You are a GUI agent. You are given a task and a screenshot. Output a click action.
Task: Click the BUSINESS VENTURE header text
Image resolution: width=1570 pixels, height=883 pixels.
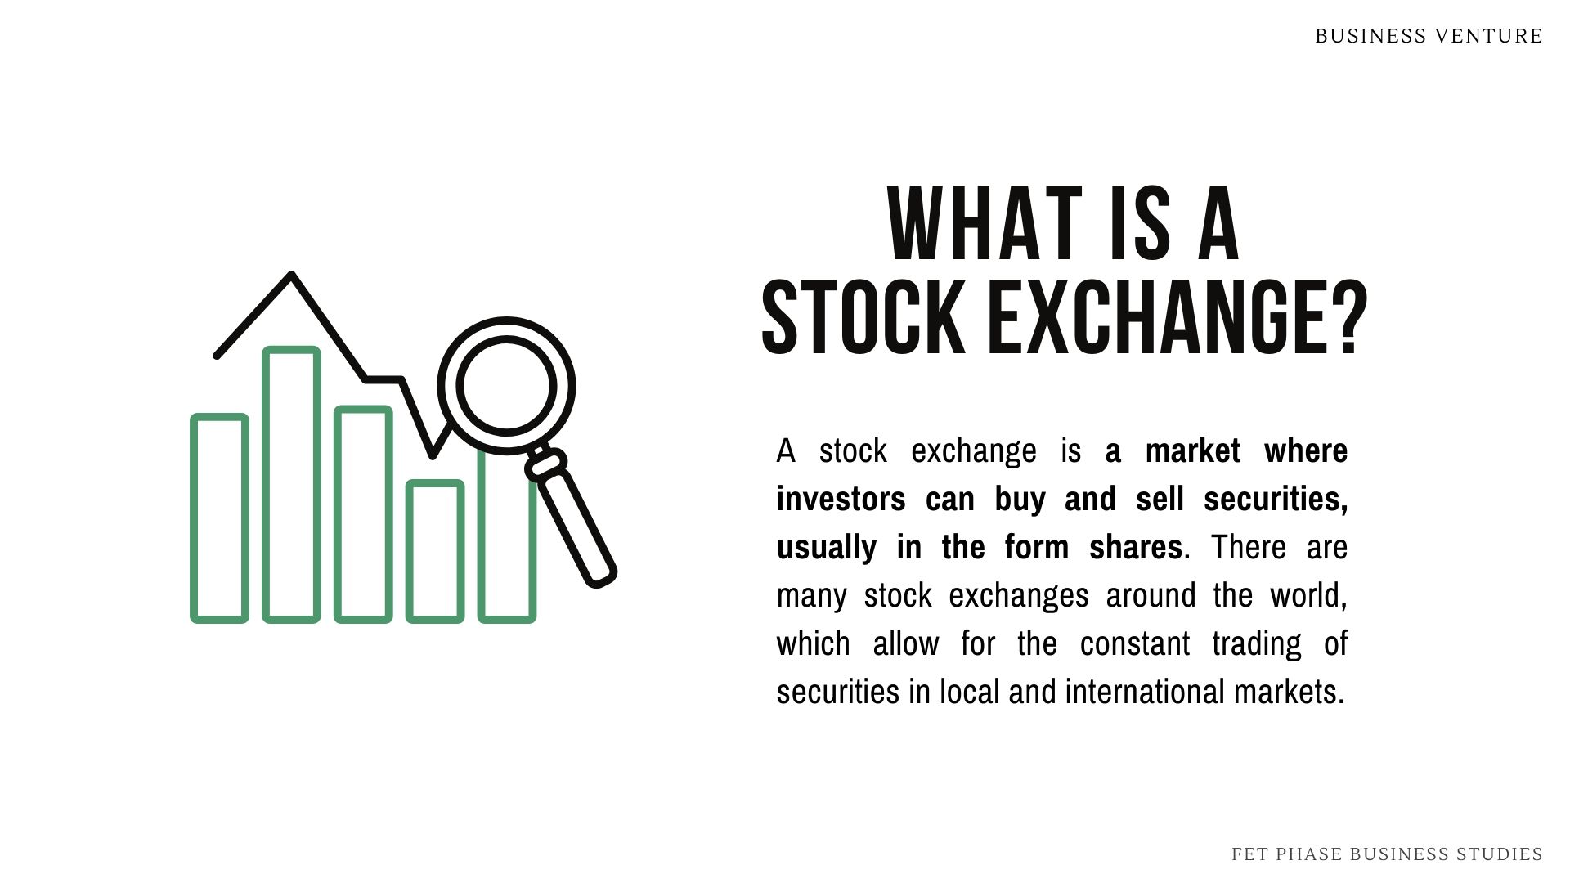click(1429, 36)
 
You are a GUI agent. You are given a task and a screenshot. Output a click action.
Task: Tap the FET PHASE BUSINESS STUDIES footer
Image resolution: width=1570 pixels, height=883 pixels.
click(1387, 854)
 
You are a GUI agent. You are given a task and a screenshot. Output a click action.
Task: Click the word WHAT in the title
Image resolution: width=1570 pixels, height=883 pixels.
click(985, 224)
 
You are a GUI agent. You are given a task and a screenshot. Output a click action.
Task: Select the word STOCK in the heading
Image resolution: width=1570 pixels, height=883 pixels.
click(863, 318)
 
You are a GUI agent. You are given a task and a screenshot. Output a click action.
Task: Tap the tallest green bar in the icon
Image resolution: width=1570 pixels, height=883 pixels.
click(291, 485)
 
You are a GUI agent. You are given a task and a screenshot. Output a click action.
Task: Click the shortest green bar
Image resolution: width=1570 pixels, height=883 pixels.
click(435, 551)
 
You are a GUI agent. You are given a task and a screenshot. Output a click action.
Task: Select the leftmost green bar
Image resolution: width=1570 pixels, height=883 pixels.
click(219, 518)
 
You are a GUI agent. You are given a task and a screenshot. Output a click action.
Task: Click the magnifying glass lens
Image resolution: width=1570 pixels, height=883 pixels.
click(507, 385)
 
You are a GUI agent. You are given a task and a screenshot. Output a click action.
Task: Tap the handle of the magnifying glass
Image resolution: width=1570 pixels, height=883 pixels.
click(576, 524)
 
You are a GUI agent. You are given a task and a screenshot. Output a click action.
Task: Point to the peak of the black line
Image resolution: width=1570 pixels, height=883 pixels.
click(291, 276)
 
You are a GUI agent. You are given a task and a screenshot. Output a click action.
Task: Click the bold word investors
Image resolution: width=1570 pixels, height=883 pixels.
click(841, 499)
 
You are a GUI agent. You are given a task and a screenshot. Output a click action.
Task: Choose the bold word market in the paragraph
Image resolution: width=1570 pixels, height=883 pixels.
click(1192, 450)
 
